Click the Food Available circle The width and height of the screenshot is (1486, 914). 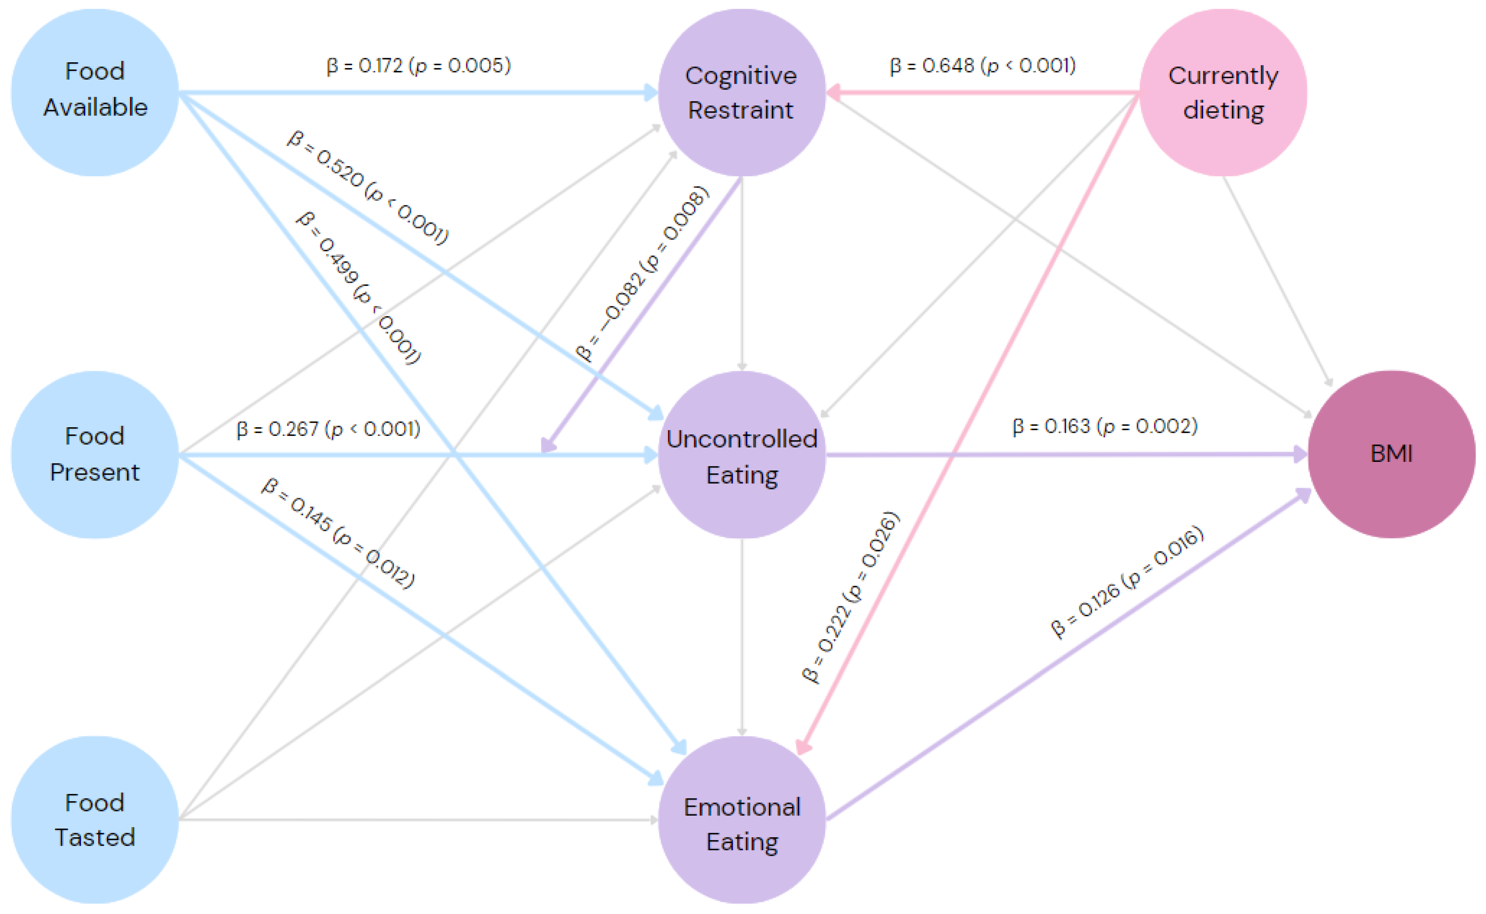[x=95, y=92]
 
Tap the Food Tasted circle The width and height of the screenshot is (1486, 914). [x=95, y=820]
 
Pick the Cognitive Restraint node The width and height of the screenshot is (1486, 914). [x=742, y=92]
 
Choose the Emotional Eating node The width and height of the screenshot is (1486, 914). [x=742, y=820]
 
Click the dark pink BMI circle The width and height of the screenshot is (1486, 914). [x=1391, y=454]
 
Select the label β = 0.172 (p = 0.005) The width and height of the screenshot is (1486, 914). [x=418, y=65]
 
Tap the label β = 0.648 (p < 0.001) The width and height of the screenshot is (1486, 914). [x=983, y=65]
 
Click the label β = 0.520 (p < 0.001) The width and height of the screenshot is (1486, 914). [x=367, y=188]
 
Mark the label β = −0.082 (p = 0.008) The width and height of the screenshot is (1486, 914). [x=642, y=274]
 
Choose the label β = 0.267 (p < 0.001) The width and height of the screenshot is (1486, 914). [x=328, y=429]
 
